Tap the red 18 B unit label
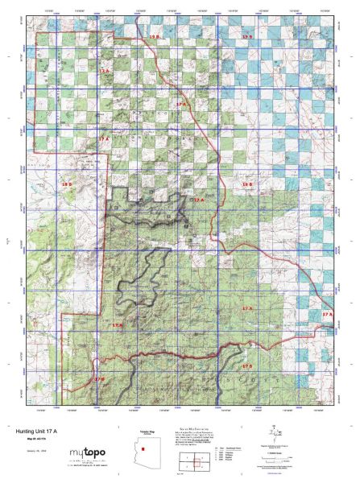67,186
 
